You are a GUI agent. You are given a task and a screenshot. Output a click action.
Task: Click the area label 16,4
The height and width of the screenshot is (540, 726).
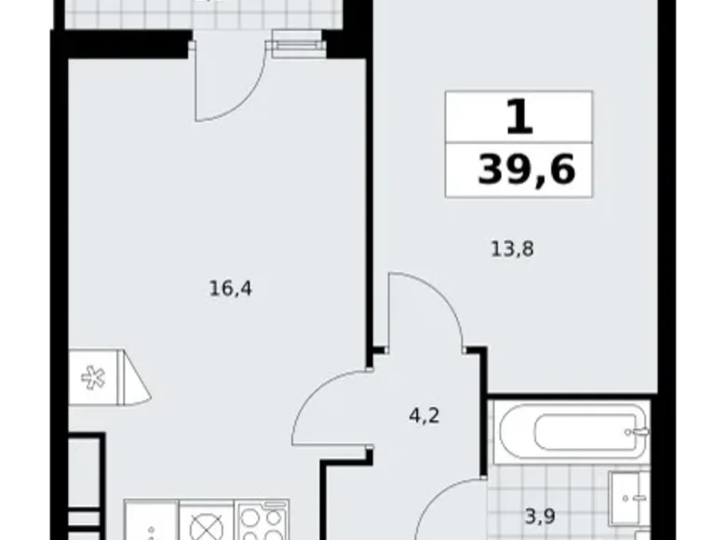pos(232,288)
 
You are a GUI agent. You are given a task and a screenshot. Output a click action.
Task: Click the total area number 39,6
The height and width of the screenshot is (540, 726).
pos(526,170)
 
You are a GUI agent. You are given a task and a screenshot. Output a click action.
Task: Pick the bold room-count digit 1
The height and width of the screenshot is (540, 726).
pos(519,117)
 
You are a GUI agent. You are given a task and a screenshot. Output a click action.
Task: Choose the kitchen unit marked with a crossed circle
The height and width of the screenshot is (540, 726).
pos(203,525)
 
